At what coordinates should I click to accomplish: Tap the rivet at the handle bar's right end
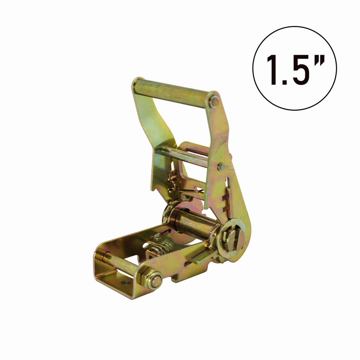coord(214,102)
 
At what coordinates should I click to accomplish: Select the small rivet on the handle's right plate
coord(221,167)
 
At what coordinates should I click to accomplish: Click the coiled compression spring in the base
coord(159,250)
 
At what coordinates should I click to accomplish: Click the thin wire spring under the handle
coord(190,192)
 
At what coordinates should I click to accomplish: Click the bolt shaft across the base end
coord(121,263)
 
